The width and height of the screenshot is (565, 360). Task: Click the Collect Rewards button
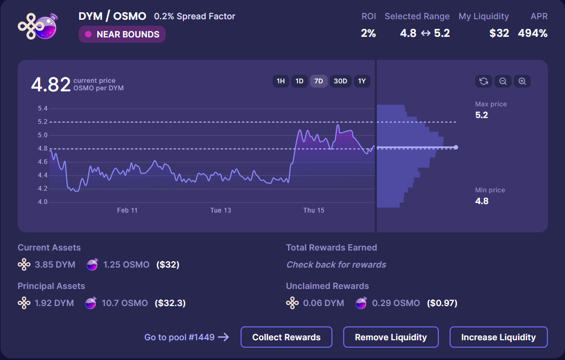pos(287,337)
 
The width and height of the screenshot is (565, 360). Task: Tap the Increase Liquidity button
pos(498,337)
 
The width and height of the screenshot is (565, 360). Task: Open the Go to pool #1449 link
pos(187,337)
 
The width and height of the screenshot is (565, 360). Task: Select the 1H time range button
pos(281,81)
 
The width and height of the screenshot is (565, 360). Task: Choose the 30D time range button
pos(340,81)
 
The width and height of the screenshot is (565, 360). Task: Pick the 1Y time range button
pos(362,81)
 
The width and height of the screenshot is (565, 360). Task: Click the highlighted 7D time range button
pos(319,81)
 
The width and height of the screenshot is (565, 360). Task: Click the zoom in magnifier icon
pos(522,81)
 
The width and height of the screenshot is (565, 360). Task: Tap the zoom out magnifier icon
pos(503,81)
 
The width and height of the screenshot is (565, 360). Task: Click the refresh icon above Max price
pos(484,81)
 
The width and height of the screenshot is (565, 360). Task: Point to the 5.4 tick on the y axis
pos(43,108)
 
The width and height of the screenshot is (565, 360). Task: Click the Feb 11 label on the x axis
pos(127,210)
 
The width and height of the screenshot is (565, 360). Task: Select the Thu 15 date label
pos(314,210)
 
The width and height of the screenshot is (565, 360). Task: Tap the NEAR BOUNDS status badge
pos(122,34)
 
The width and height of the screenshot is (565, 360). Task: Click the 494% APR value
pos(532,33)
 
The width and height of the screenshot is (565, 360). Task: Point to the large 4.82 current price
pos(51,84)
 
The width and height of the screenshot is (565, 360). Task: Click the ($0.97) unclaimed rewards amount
pos(442,303)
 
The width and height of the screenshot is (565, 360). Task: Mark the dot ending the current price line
pos(455,147)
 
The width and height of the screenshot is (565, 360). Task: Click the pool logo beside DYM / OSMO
pos(36,26)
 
